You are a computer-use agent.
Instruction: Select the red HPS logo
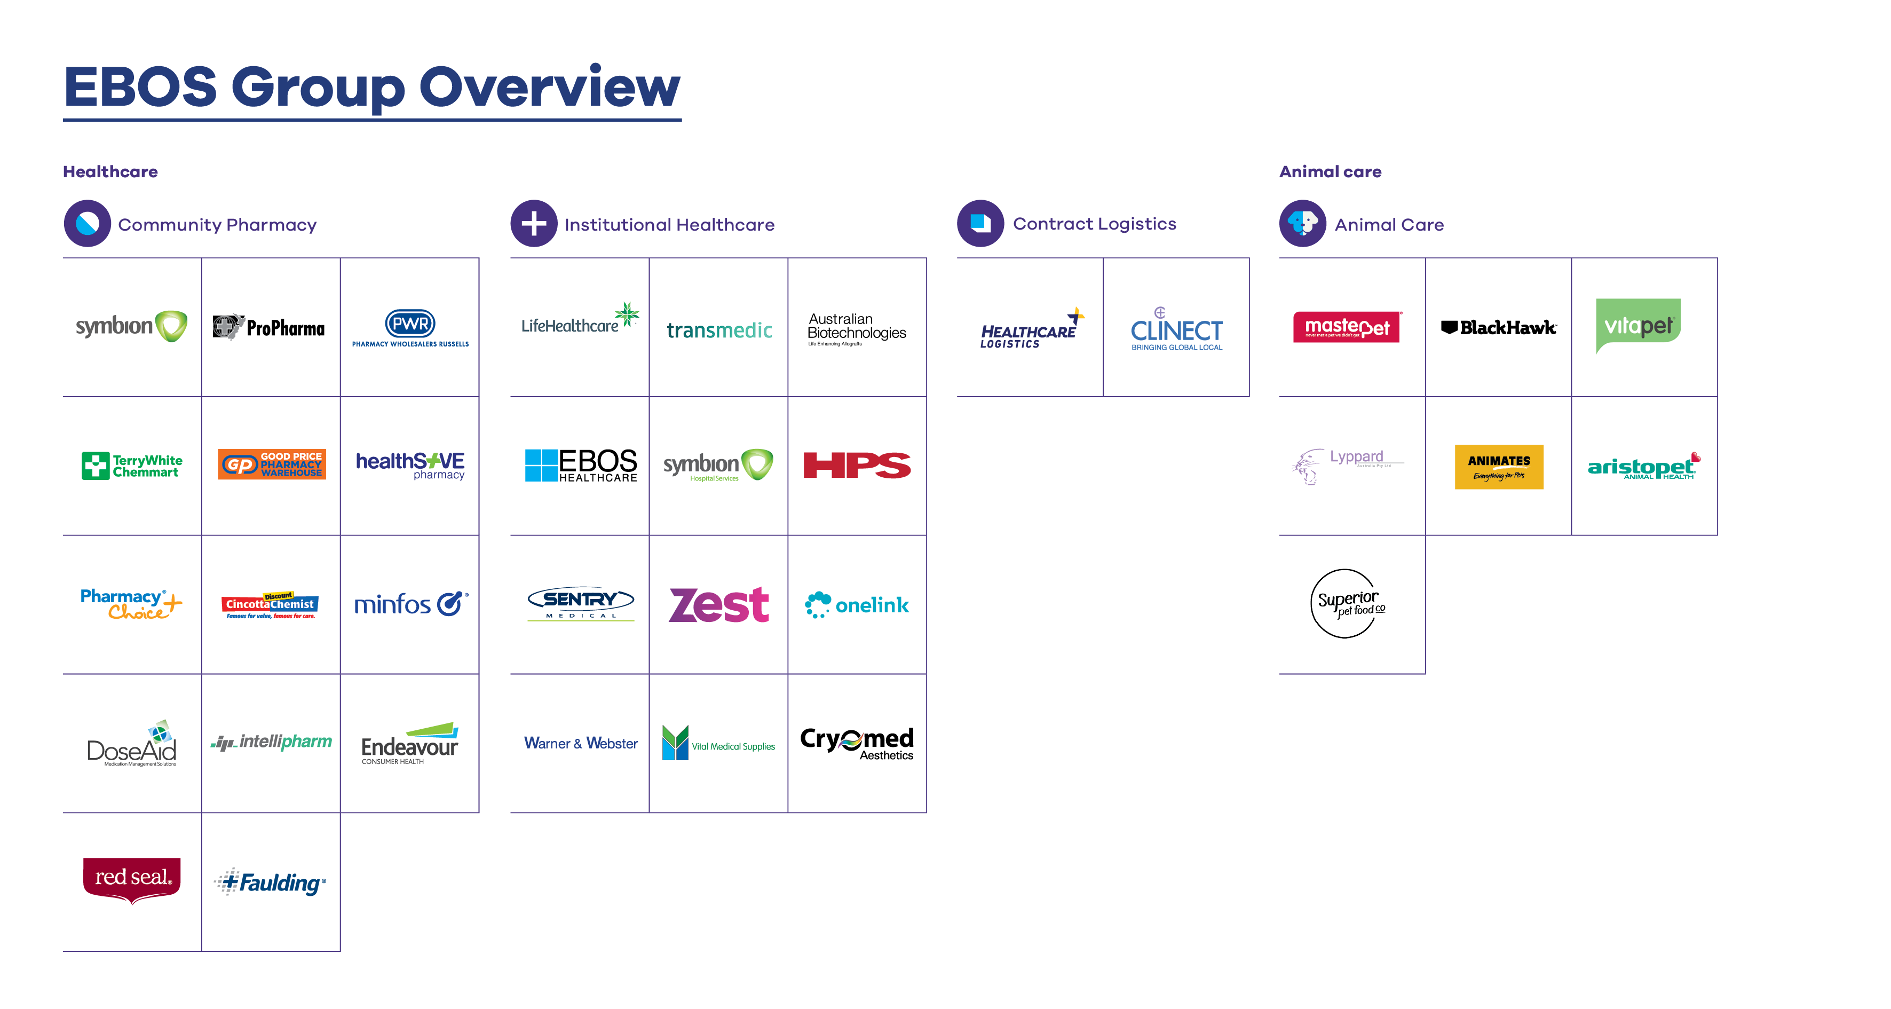pyautogui.click(x=857, y=466)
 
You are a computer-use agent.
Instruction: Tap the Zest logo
pyautogui.click(x=719, y=605)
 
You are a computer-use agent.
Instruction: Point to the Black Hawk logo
pyautogui.click(x=1498, y=327)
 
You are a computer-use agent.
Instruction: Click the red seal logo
pyautogui.click(x=132, y=880)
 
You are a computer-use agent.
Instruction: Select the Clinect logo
pyautogui.click(x=1176, y=330)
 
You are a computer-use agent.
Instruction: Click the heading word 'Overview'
pyautogui.click(x=549, y=88)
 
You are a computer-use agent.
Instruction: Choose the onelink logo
pyautogui.click(x=857, y=605)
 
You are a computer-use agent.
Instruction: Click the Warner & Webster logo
pyautogui.click(x=580, y=743)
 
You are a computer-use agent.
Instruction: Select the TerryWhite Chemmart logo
pyautogui.click(x=132, y=466)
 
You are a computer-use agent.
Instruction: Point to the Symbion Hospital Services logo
pyautogui.click(x=718, y=466)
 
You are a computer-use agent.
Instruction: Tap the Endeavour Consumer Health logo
pyautogui.click(x=409, y=743)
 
